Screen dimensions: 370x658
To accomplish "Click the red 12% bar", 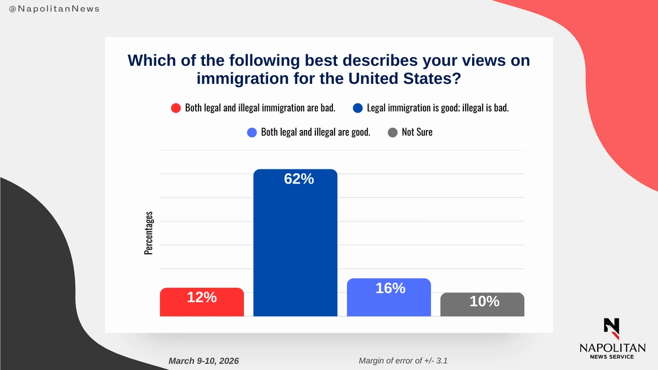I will point(202,307).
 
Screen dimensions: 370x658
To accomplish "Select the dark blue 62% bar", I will point(295,247).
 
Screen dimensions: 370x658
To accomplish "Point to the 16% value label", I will point(390,288).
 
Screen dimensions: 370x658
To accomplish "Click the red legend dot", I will point(176,108).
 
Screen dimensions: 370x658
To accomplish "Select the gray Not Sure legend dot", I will point(393,132).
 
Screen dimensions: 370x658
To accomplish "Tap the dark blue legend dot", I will point(358,108).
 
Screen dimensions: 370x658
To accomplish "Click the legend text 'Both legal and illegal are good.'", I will point(316,132).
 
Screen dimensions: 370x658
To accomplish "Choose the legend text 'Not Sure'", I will point(417,132).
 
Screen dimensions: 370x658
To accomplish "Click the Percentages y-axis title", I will point(148,233).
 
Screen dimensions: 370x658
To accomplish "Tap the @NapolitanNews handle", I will point(55,9).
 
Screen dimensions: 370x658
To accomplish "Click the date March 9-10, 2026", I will point(204,361).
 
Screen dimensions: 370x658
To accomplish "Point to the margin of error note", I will point(405,361).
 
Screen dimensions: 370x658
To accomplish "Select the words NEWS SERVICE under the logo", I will point(612,357).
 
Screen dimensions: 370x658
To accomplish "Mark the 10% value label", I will point(485,301).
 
